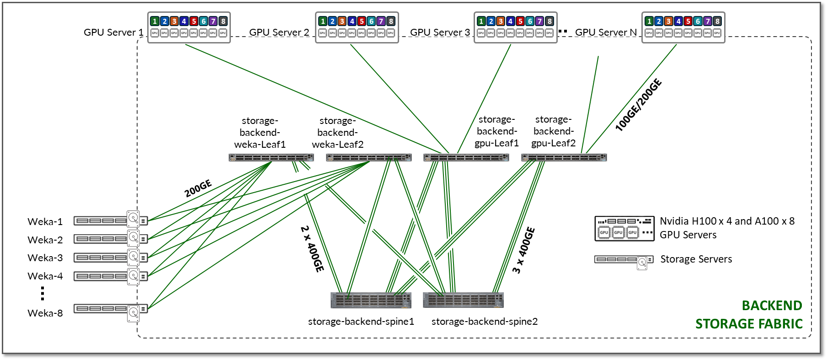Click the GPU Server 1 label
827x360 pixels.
113,32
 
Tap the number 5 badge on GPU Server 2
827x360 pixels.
362,21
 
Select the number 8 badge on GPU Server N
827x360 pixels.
717,21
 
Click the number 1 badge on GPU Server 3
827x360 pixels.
481,21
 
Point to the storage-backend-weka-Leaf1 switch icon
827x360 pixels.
271,158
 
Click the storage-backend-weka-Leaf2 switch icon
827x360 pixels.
368,158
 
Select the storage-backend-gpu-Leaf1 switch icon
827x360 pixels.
466,158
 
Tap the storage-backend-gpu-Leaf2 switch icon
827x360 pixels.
564,158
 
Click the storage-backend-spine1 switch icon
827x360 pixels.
371,300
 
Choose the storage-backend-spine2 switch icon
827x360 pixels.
463,300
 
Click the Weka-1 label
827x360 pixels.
45,222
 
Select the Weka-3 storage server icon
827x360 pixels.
110,258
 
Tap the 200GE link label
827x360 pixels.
198,188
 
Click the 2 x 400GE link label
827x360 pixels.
312,249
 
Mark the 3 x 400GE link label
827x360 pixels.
524,250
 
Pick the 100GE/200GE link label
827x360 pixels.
638,105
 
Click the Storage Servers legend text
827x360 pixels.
696,259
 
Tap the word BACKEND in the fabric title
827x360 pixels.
772,306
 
